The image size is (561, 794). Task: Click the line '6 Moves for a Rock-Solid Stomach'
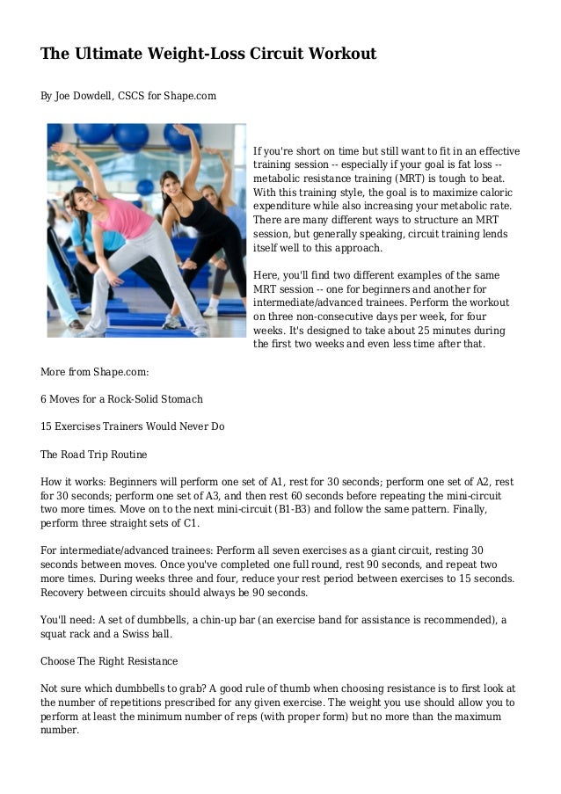click(121, 399)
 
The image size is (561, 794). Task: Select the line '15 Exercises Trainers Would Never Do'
click(133, 426)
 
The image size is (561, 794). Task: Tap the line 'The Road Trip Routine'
click(94, 455)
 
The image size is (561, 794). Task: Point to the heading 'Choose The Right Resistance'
click(109, 660)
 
